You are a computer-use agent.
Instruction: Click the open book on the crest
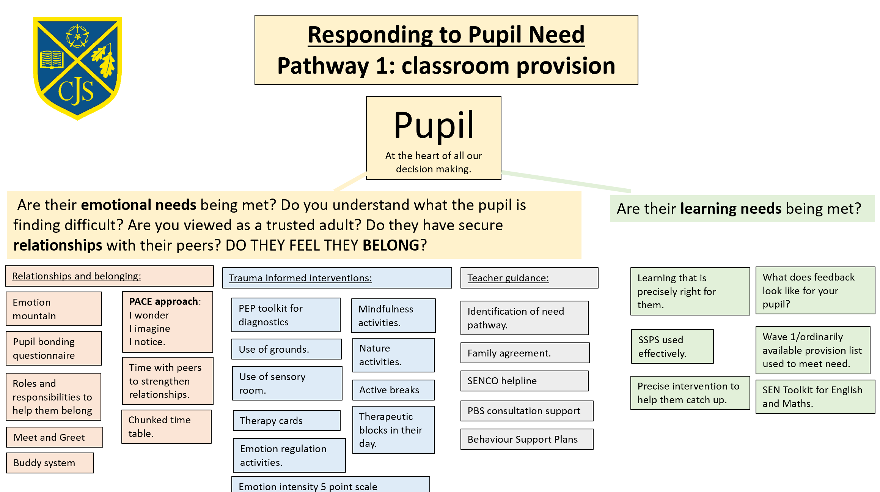(x=52, y=60)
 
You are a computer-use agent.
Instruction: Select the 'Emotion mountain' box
(x=54, y=309)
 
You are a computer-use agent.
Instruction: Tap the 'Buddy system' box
(x=50, y=463)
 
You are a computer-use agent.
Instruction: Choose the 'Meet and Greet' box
(x=55, y=437)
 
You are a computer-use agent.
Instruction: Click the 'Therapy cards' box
(x=287, y=420)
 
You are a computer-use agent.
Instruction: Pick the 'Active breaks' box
(x=393, y=390)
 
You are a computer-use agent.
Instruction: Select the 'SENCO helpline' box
(x=525, y=381)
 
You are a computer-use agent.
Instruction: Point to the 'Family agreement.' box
(x=525, y=353)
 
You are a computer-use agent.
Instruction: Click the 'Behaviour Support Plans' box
(x=527, y=439)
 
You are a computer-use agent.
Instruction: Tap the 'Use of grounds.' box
(x=286, y=349)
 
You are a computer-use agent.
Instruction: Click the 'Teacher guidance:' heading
(x=508, y=278)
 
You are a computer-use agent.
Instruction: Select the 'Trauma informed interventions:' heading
(x=300, y=278)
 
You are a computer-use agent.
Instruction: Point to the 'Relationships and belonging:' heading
(x=77, y=276)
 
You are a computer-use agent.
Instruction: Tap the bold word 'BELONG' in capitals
(x=391, y=245)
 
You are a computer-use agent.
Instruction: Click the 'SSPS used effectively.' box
(x=672, y=346)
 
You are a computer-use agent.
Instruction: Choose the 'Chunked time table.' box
(x=167, y=427)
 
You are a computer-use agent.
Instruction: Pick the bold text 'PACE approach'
(x=163, y=301)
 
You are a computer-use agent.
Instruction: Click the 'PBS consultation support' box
(x=527, y=411)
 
